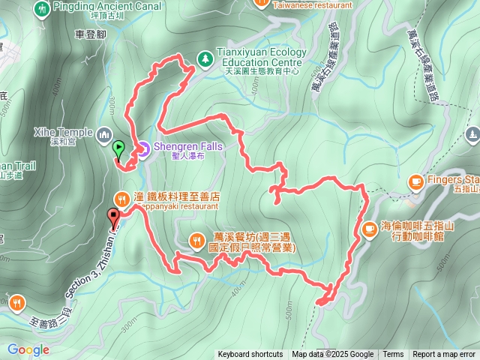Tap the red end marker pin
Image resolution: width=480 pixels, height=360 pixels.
click(114, 218)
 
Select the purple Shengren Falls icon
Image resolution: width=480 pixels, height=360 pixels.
click(142, 148)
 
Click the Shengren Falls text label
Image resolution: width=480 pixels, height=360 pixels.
click(188, 147)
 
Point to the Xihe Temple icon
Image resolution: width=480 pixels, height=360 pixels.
click(103, 134)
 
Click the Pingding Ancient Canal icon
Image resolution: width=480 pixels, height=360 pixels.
click(42, 7)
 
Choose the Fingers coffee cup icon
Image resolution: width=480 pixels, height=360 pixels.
click(416, 181)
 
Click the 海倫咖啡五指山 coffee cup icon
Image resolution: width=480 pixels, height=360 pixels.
click(368, 229)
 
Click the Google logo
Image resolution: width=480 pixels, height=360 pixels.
click(28, 349)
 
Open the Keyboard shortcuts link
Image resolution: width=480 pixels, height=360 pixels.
click(250, 355)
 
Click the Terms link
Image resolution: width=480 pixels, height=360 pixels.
click(393, 355)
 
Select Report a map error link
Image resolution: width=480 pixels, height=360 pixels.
click(444, 355)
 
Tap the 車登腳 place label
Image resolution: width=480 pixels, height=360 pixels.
click(91, 34)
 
